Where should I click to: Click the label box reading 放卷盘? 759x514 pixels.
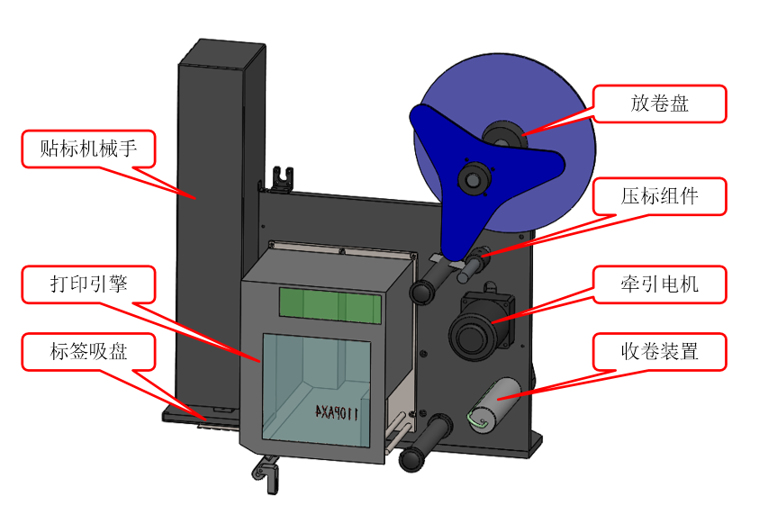(x=659, y=104)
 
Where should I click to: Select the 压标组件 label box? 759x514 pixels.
(x=659, y=195)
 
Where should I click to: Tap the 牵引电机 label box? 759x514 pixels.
(x=659, y=284)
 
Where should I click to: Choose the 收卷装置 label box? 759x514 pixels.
(x=659, y=352)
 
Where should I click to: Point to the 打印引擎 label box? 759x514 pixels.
(x=88, y=284)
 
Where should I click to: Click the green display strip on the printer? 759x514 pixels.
(x=328, y=305)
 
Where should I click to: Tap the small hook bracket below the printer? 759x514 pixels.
(x=265, y=470)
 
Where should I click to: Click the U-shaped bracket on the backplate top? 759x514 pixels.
(x=285, y=176)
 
